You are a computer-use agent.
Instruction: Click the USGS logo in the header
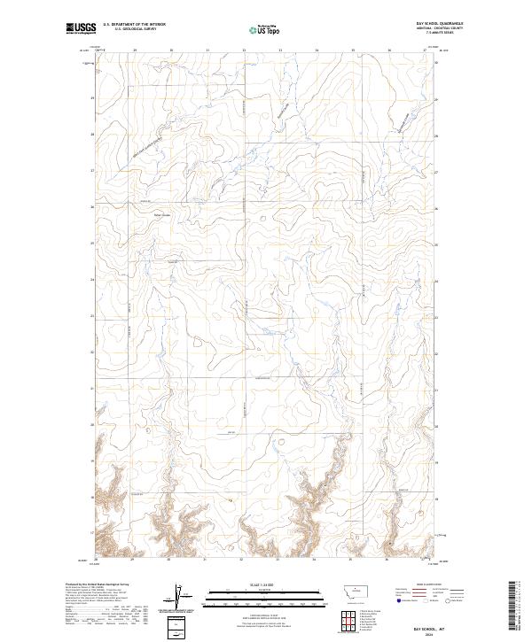(x=81, y=28)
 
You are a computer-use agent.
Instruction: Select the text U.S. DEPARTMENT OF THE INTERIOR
(x=134, y=25)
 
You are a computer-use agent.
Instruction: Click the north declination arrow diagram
(x=177, y=595)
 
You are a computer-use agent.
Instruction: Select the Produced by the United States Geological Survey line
(x=98, y=584)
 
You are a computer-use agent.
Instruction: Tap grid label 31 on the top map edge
(x=207, y=50)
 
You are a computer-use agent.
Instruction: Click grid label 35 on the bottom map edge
(x=350, y=560)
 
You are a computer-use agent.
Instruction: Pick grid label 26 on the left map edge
(x=92, y=207)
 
